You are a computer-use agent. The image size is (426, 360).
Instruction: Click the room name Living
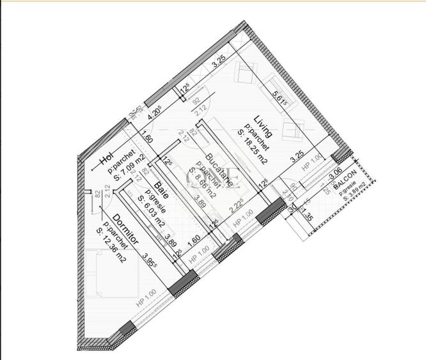click(263, 126)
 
